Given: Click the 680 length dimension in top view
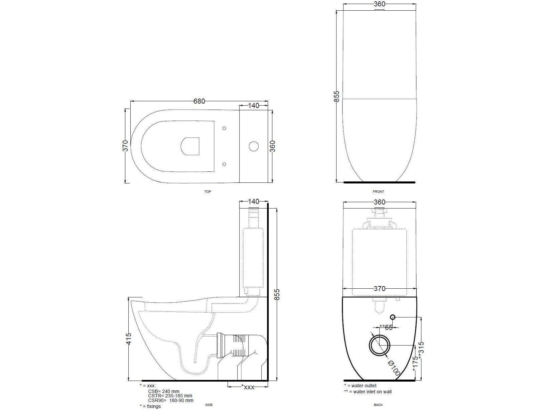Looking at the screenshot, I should [199, 101].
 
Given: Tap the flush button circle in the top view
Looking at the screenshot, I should [254, 146].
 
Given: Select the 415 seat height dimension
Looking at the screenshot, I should [129, 338].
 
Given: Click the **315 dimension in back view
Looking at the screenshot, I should [421, 350].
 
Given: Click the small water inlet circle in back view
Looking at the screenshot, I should [393, 316].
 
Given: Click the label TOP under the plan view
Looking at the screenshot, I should [208, 192].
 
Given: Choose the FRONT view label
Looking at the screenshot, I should [378, 192].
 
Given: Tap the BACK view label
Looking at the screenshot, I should [378, 405].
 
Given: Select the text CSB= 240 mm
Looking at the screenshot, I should [164, 391].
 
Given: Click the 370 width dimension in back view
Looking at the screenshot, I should [379, 289].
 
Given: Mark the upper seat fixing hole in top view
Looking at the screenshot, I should [224, 128].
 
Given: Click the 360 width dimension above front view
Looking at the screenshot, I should [379, 4].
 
